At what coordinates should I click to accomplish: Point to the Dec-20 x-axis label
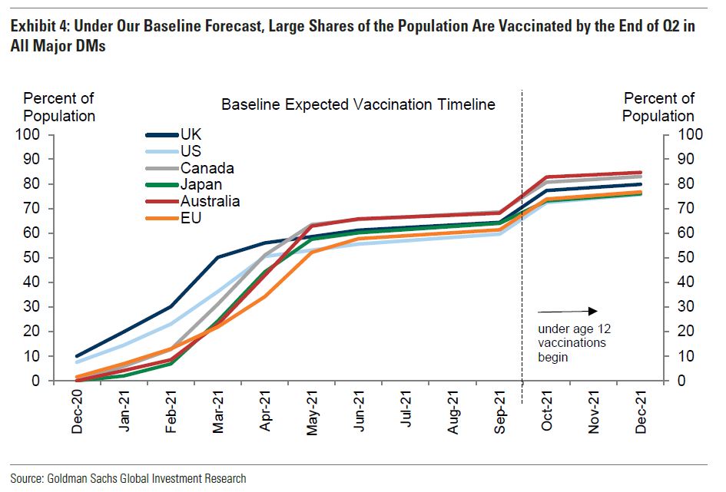coord(77,413)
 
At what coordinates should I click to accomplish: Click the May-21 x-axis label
coord(313,413)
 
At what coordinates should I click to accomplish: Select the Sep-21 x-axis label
coord(501,413)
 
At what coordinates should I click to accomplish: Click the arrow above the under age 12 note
coord(567,312)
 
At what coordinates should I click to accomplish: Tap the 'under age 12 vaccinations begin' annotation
coord(573,343)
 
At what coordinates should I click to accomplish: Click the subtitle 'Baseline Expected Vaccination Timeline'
coord(358,104)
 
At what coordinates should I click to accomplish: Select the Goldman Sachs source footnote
coord(128,478)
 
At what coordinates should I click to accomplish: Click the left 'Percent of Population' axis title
coord(59,107)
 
